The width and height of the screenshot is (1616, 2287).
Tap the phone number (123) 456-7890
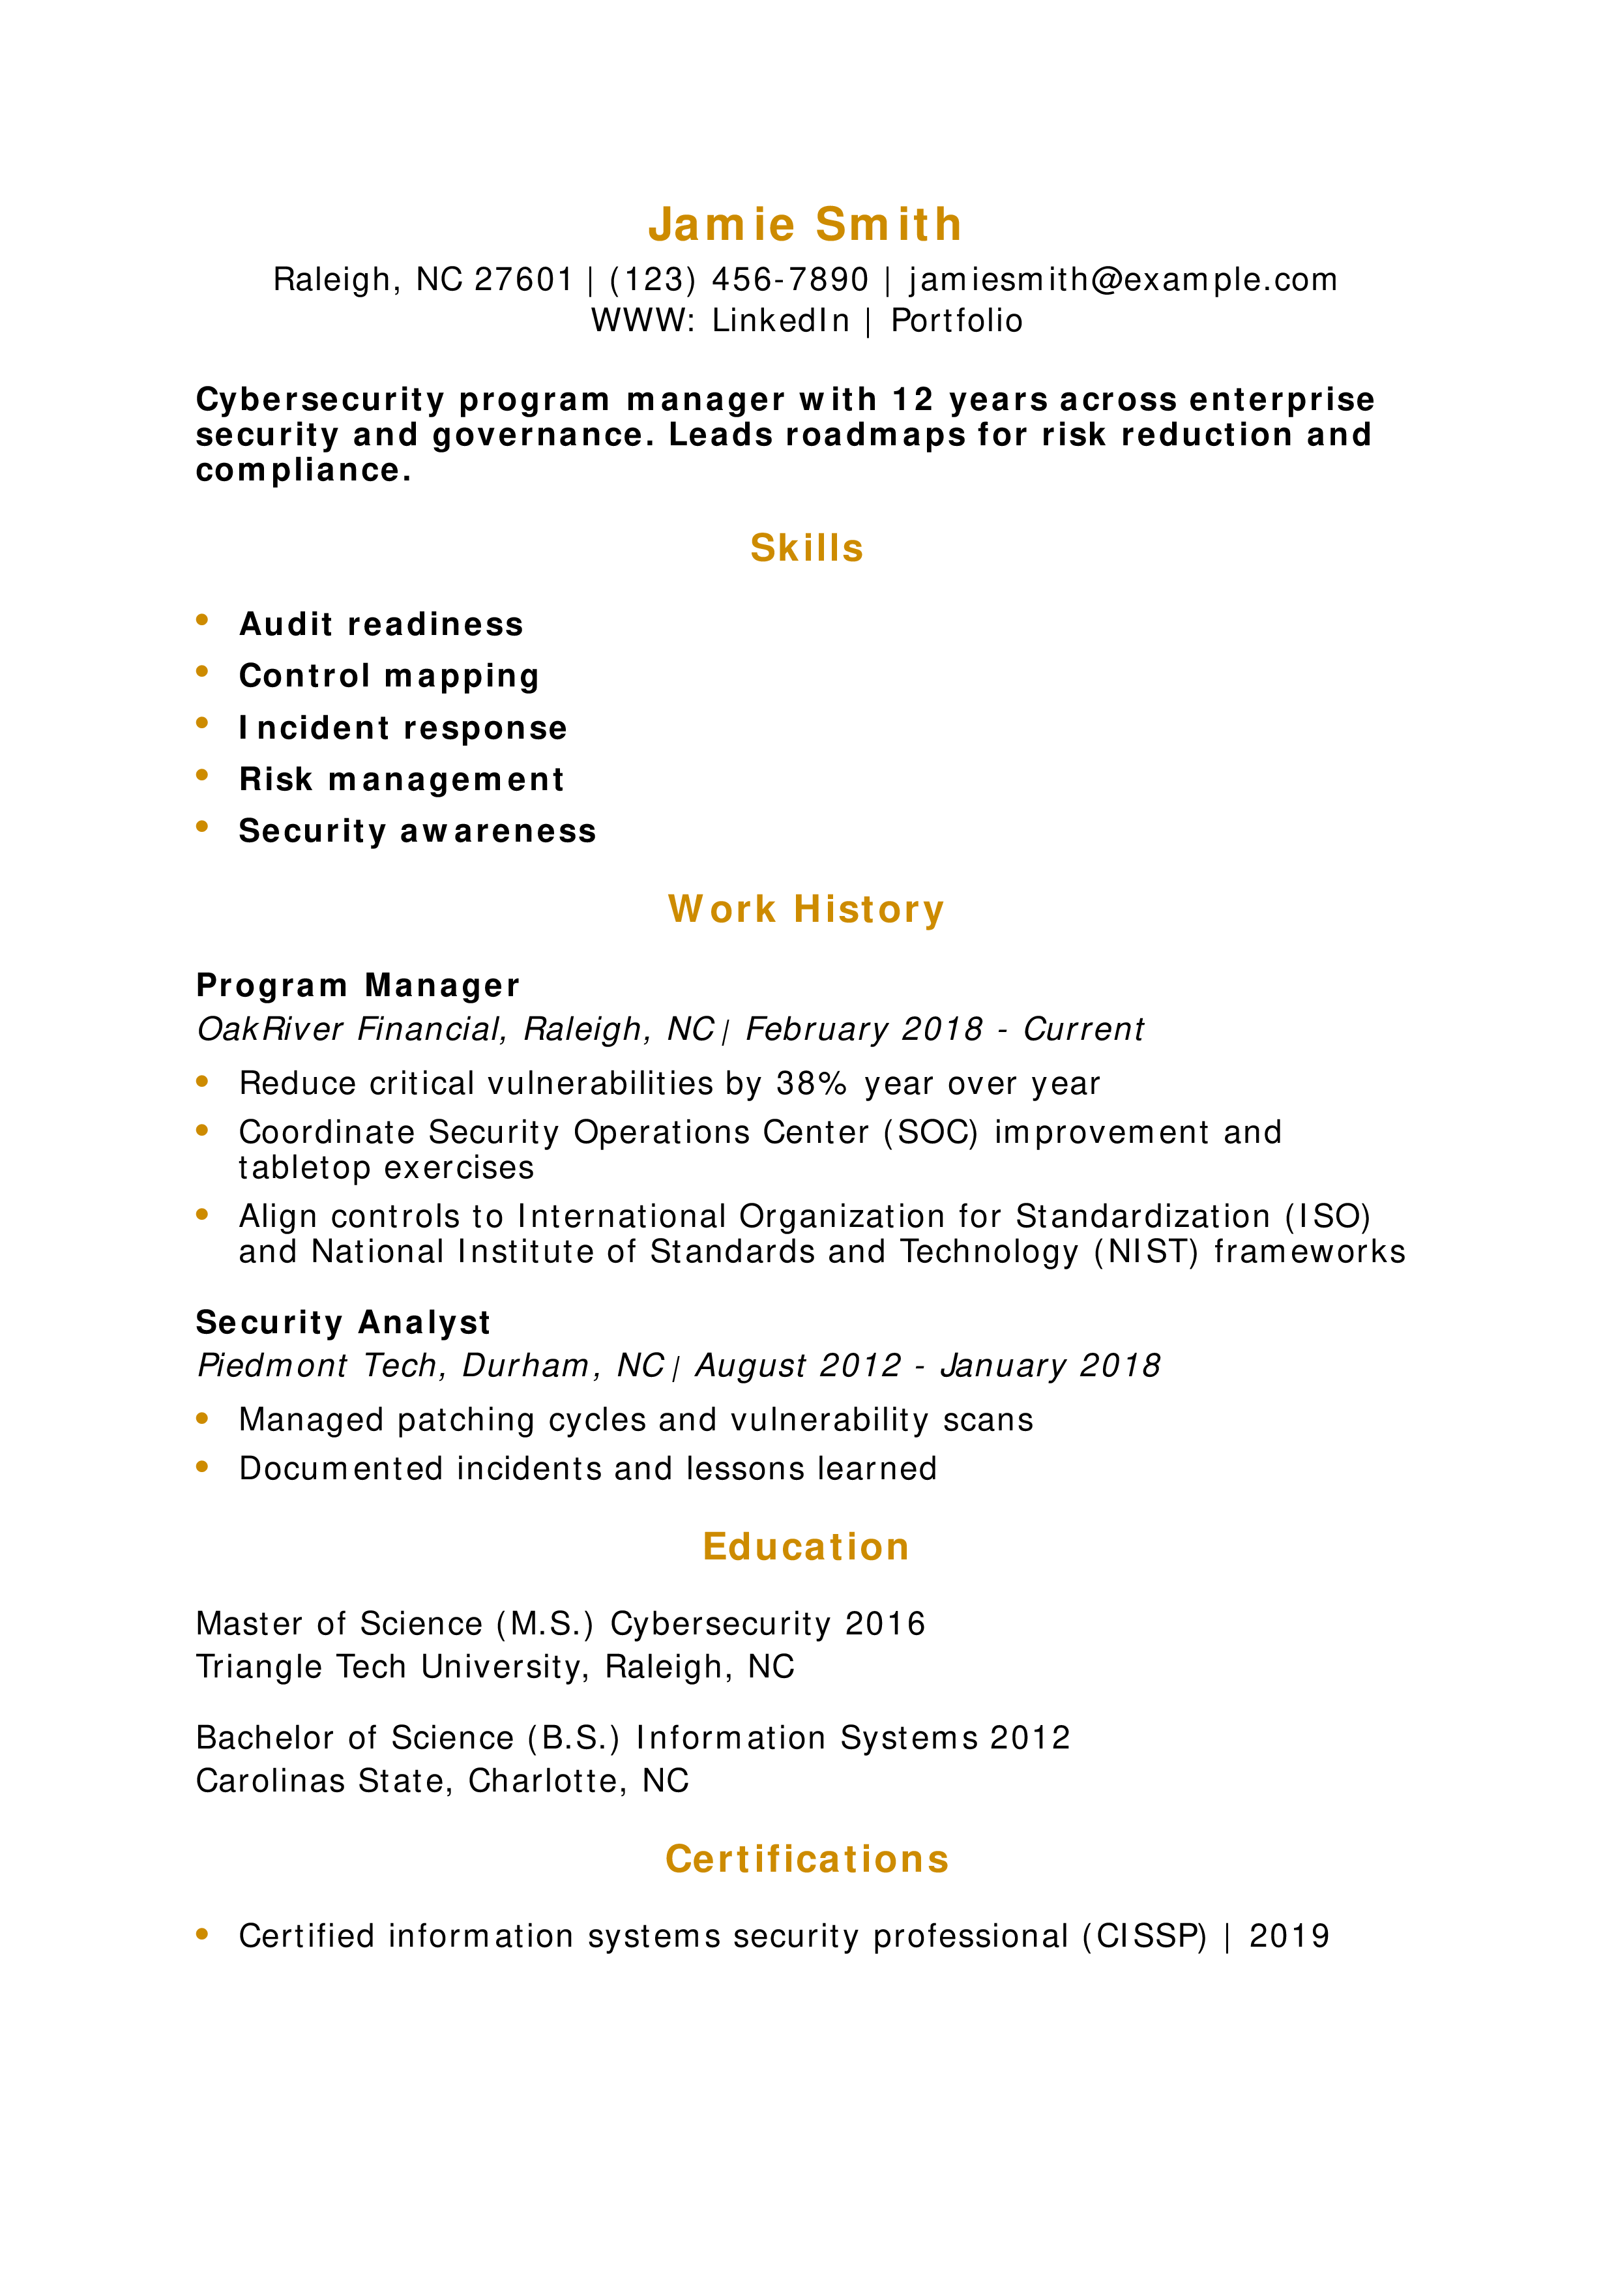(739, 280)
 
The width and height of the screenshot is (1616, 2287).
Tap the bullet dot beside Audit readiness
(202, 619)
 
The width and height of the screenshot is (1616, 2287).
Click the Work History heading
(806, 909)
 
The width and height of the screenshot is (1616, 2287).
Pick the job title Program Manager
(357, 985)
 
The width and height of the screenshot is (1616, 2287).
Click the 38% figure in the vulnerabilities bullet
(812, 1084)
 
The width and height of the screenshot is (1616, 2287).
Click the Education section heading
(806, 1547)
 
